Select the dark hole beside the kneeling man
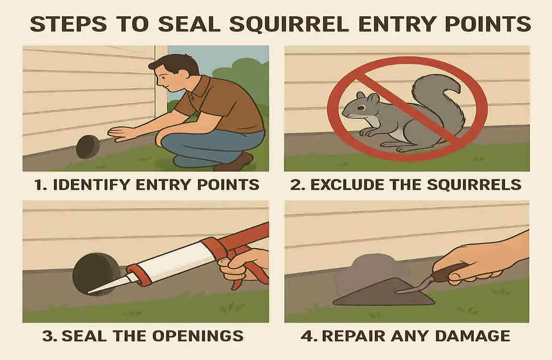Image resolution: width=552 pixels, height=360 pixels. click(87, 146)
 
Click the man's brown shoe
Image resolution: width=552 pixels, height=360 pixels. click(235, 163)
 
